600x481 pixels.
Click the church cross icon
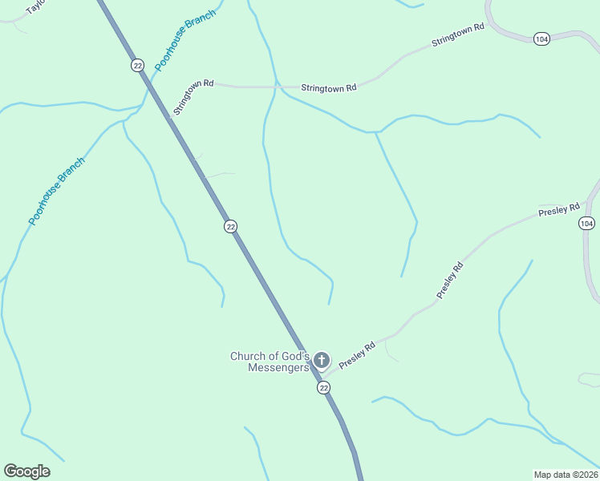(x=322, y=360)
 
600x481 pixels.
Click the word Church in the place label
(x=248, y=357)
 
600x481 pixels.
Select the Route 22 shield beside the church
(x=323, y=388)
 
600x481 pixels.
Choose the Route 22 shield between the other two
(x=231, y=227)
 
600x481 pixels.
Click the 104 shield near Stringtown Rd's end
(x=541, y=38)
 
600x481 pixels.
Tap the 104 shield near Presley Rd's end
(x=586, y=224)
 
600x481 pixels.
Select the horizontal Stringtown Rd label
(x=328, y=87)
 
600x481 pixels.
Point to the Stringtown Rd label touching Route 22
(x=193, y=97)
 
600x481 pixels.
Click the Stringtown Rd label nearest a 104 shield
(x=458, y=38)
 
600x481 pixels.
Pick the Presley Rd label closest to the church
(x=357, y=356)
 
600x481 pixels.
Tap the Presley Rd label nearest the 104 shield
(x=559, y=211)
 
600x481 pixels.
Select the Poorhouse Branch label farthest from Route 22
(x=56, y=191)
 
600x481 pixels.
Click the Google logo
(x=26, y=471)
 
